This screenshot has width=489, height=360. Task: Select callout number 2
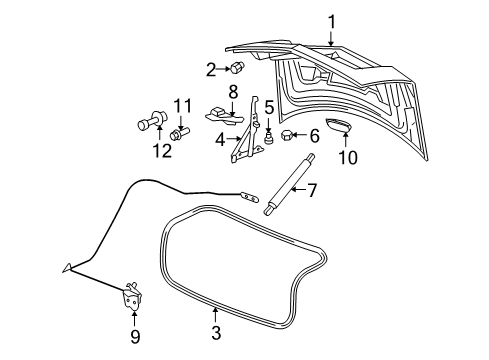(x=211, y=69)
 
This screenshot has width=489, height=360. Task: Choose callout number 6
(x=312, y=135)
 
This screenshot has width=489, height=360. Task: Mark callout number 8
(x=233, y=92)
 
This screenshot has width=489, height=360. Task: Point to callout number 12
(x=156, y=150)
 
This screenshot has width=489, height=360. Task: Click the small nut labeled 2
(x=238, y=69)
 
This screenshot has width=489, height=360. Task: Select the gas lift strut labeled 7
(x=289, y=183)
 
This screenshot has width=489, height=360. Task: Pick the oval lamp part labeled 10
(x=342, y=126)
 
